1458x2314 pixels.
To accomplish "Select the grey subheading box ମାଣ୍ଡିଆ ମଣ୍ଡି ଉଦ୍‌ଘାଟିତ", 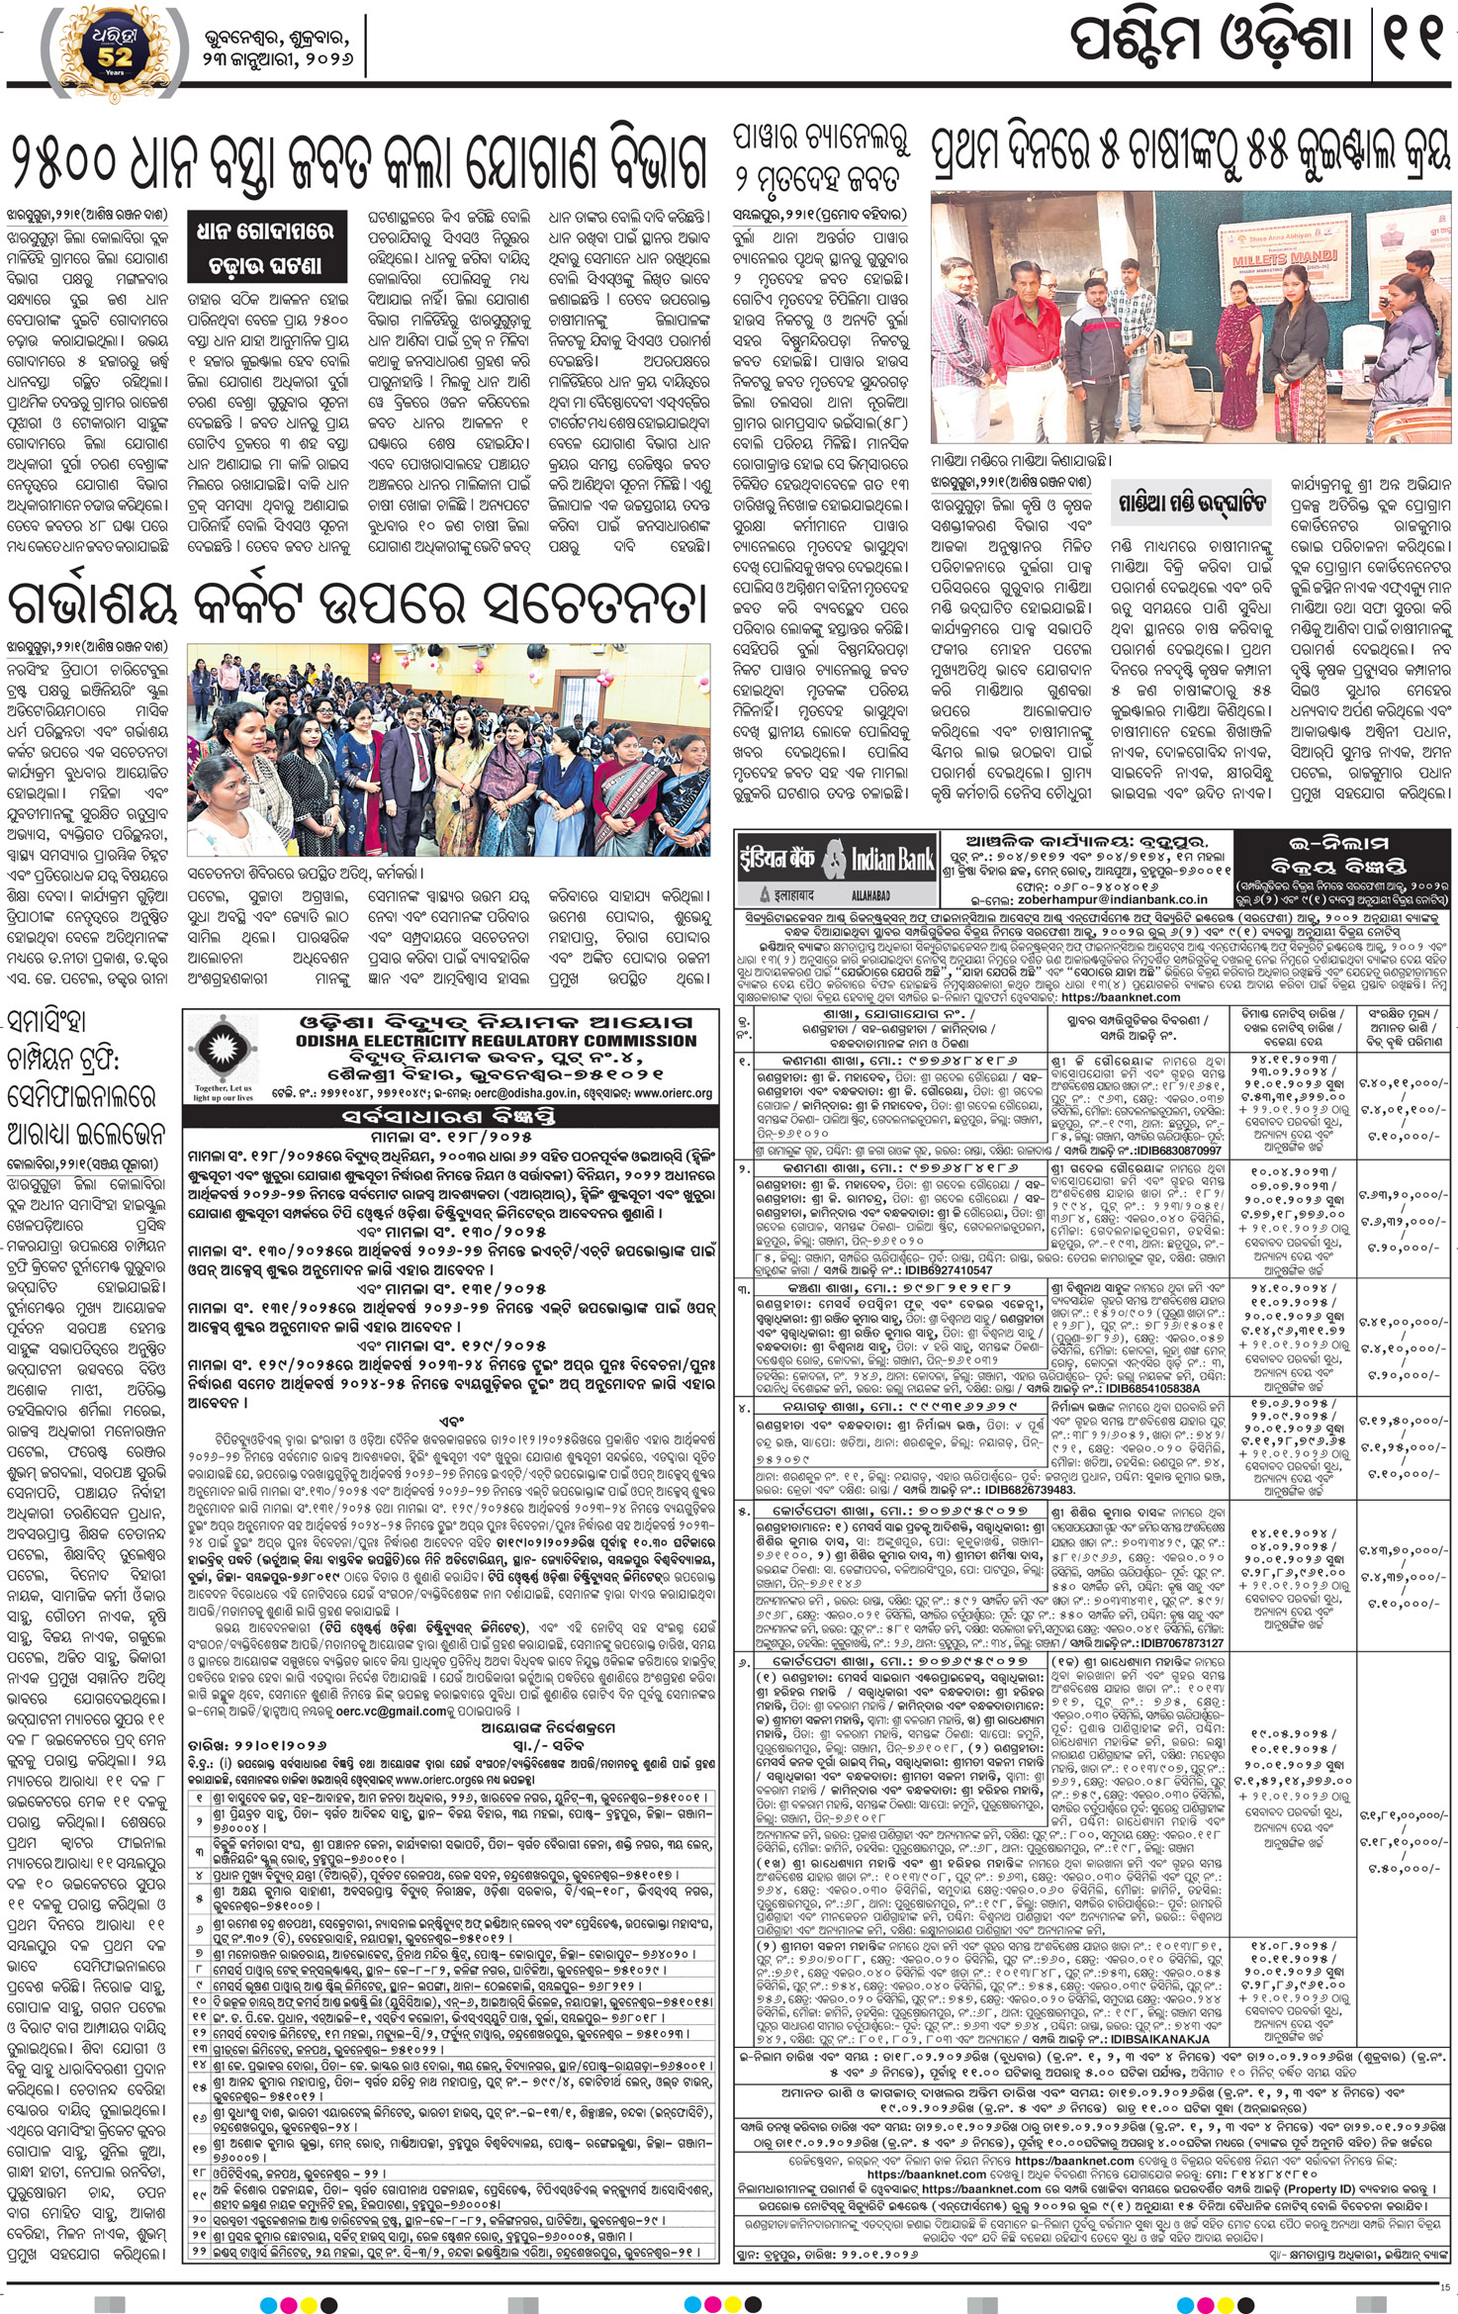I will coord(1192,505).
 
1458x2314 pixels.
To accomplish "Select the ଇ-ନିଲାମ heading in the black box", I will coord(1344,843).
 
